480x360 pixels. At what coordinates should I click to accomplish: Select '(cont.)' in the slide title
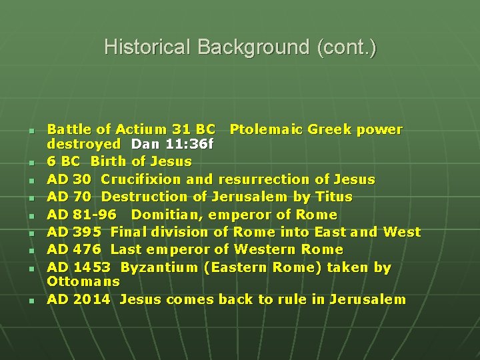pyautogui.click(x=347, y=47)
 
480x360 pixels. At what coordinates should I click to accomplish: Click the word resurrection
pyautogui.click(x=264, y=179)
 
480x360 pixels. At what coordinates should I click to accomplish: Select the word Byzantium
pyautogui.click(x=159, y=267)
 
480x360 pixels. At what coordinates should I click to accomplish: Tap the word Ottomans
pyautogui.click(x=83, y=281)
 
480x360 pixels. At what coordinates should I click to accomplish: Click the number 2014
pyautogui.click(x=92, y=299)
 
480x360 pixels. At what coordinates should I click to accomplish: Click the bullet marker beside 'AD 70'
pyautogui.click(x=31, y=198)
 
